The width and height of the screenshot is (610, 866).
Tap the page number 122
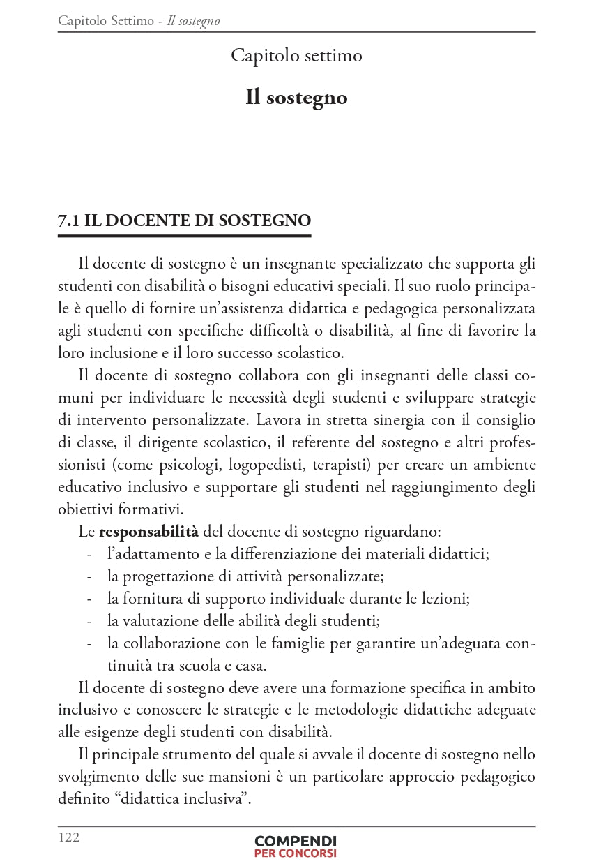[68, 837]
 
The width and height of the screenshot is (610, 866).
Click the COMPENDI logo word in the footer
[296, 841]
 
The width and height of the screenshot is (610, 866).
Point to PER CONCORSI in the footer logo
[296, 853]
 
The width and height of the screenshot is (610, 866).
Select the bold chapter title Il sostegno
[296, 97]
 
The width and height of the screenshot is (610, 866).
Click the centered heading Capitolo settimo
[296, 55]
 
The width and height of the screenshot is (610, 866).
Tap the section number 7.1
[68, 221]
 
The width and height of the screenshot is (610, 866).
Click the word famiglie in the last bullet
[296, 643]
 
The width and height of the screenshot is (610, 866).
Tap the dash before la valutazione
[89, 622]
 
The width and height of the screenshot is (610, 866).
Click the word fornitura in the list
[151, 599]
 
